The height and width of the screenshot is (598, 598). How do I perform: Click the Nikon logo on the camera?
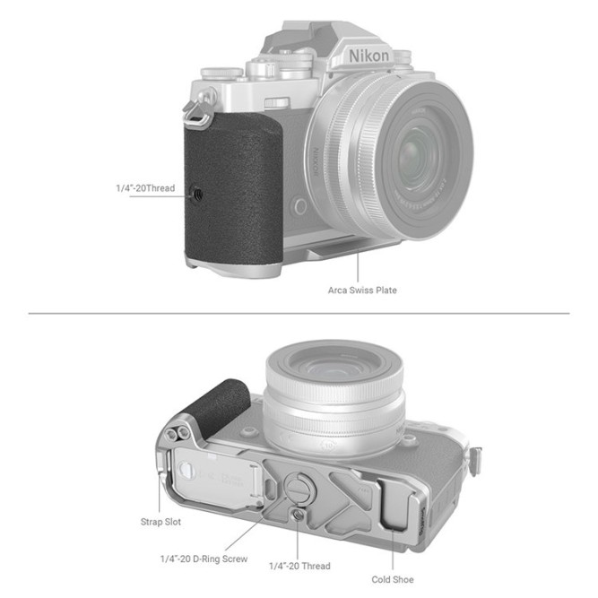point(369,56)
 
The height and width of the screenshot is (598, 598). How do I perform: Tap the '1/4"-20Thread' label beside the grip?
point(146,189)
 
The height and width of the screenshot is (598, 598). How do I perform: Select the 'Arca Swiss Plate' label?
point(361,290)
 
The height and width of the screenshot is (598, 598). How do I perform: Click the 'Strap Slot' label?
point(162,521)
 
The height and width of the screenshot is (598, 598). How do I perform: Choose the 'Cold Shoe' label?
point(393,579)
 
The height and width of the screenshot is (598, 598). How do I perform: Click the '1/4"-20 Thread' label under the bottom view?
point(299,566)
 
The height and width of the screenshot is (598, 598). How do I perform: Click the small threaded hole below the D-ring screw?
point(298,515)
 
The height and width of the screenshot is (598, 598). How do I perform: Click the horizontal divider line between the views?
point(299,313)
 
